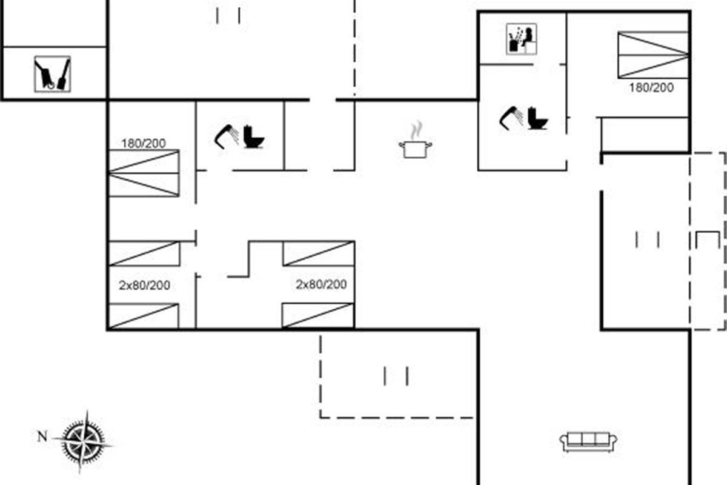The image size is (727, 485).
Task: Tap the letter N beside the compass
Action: click(x=42, y=436)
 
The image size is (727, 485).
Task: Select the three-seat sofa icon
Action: click(x=588, y=441)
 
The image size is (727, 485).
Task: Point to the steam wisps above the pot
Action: click(x=416, y=130)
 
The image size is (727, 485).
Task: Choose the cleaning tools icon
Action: click(x=52, y=74)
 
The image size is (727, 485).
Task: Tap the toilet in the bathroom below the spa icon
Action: click(x=537, y=118)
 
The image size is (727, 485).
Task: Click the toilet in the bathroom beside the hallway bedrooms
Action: click(x=254, y=137)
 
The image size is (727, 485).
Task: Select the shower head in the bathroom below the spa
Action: click(x=511, y=117)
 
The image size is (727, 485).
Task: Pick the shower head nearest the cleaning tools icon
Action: click(x=226, y=136)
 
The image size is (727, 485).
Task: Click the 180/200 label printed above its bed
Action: click(x=144, y=144)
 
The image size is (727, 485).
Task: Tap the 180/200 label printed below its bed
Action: click(x=651, y=87)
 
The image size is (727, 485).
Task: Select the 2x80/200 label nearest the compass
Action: click(x=144, y=285)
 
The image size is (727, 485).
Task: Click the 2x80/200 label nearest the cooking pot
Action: click(x=321, y=284)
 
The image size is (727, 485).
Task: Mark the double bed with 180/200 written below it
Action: click(x=653, y=55)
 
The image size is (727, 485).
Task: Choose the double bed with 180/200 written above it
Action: click(x=144, y=173)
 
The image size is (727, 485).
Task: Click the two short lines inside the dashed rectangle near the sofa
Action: click(x=396, y=376)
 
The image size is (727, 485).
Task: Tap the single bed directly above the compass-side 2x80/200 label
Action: click(x=144, y=254)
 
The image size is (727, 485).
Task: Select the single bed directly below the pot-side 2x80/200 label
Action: click(x=319, y=315)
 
